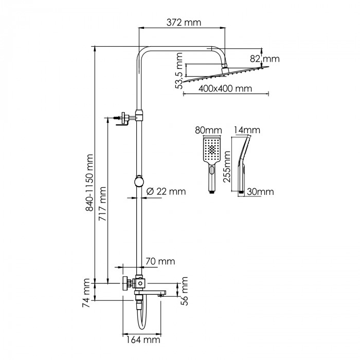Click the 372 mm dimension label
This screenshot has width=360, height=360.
[184, 23]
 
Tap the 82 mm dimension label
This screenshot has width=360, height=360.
[265, 59]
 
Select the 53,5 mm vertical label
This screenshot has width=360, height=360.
[178, 71]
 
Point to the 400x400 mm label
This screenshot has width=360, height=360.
[225, 88]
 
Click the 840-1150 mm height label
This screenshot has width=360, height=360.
[89, 183]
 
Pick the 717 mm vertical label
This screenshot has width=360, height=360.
[102, 204]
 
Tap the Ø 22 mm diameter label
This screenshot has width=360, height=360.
[166, 191]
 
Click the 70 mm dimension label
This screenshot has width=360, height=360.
[160, 261]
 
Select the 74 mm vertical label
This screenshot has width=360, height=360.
[86, 293]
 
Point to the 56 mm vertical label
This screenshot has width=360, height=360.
[184, 291]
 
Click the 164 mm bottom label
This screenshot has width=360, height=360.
[143, 340]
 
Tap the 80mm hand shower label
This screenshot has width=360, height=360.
[208, 130]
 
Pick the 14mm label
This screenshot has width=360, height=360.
[247, 130]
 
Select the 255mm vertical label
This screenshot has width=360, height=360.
[227, 167]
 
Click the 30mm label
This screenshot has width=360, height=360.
[260, 192]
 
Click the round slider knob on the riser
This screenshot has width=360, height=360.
[139, 181]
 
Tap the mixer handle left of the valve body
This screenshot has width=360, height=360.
[125, 283]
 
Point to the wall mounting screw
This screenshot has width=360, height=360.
[117, 118]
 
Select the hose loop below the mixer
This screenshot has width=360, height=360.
[141, 318]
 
